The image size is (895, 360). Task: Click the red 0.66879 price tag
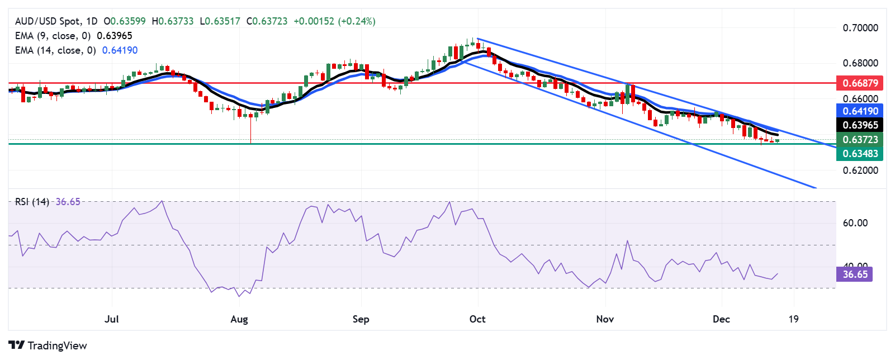pos(860,83)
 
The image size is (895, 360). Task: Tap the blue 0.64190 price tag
pos(860,111)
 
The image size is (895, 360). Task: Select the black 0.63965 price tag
pos(860,125)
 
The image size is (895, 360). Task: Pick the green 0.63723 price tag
pos(860,139)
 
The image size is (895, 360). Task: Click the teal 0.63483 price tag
pos(860,153)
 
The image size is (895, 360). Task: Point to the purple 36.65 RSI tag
pos(855,274)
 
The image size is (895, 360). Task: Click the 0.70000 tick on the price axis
pos(860,28)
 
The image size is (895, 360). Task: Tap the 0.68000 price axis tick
pos(860,63)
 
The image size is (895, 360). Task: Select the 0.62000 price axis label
pos(860,170)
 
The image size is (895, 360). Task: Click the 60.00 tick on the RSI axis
pos(855,223)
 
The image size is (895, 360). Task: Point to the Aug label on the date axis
pos(239,319)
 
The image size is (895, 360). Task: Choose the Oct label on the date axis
pos(477,319)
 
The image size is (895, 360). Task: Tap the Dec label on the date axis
pos(721,319)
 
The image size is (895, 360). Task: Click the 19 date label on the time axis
pos(793,319)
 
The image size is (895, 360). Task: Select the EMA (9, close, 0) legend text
pos(53,36)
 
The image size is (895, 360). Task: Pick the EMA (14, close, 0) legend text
pos(55,50)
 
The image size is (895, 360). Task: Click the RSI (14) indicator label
pos(32,202)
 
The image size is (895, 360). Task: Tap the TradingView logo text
pos(57,345)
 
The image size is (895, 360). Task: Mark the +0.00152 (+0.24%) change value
pos(334,21)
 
